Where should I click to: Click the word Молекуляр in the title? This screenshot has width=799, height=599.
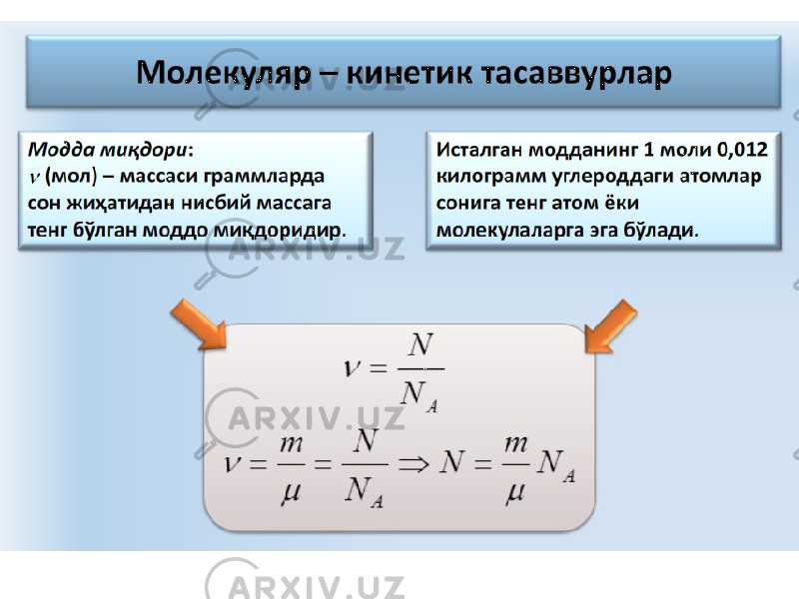(x=223, y=73)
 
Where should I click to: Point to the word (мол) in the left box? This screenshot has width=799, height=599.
(x=71, y=177)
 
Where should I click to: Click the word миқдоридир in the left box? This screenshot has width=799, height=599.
(x=280, y=231)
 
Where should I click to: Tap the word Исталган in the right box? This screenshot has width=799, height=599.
(x=479, y=149)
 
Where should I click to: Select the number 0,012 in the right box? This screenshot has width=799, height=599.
(x=741, y=149)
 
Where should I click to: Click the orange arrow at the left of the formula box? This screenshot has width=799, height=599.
(x=199, y=324)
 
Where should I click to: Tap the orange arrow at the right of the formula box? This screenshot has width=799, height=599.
(x=610, y=326)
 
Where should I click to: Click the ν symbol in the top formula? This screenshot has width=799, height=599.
(x=353, y=367)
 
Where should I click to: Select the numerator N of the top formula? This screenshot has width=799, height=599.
(x=420, y=344)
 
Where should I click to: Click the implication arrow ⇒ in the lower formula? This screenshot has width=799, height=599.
(x=413, y=464)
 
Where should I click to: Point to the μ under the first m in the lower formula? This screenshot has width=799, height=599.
(x=291, y=492)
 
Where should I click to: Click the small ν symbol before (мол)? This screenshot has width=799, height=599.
(x=34, y=178)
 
